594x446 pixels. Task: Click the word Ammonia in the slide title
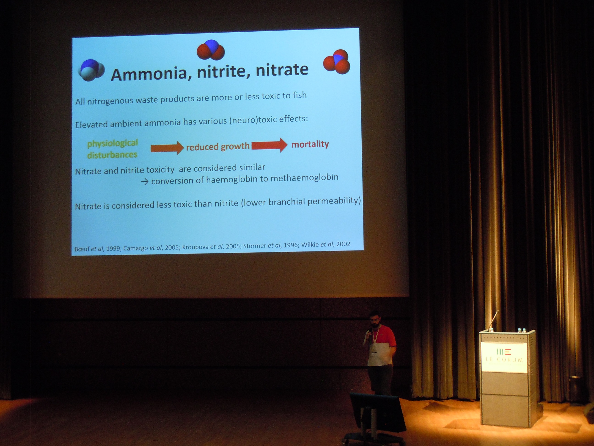[149, 74]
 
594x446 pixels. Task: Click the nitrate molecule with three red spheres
[337, 61]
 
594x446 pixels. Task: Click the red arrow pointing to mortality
[269, 145]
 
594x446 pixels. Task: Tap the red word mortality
[310, 144]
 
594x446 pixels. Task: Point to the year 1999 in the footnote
[113, 248]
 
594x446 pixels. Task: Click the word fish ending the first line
[300, 95]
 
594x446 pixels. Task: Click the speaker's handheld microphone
[370, 334]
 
